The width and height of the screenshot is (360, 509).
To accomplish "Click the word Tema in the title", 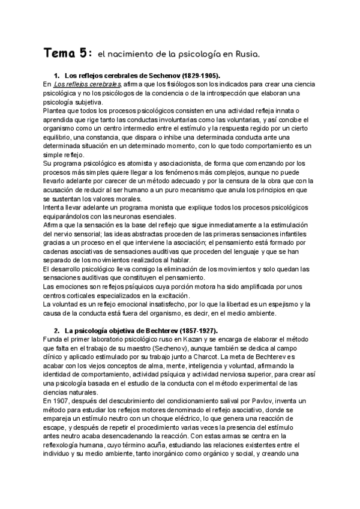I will [x=60, y=55].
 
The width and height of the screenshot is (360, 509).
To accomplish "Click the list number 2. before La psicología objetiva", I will [x=56, y=332].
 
